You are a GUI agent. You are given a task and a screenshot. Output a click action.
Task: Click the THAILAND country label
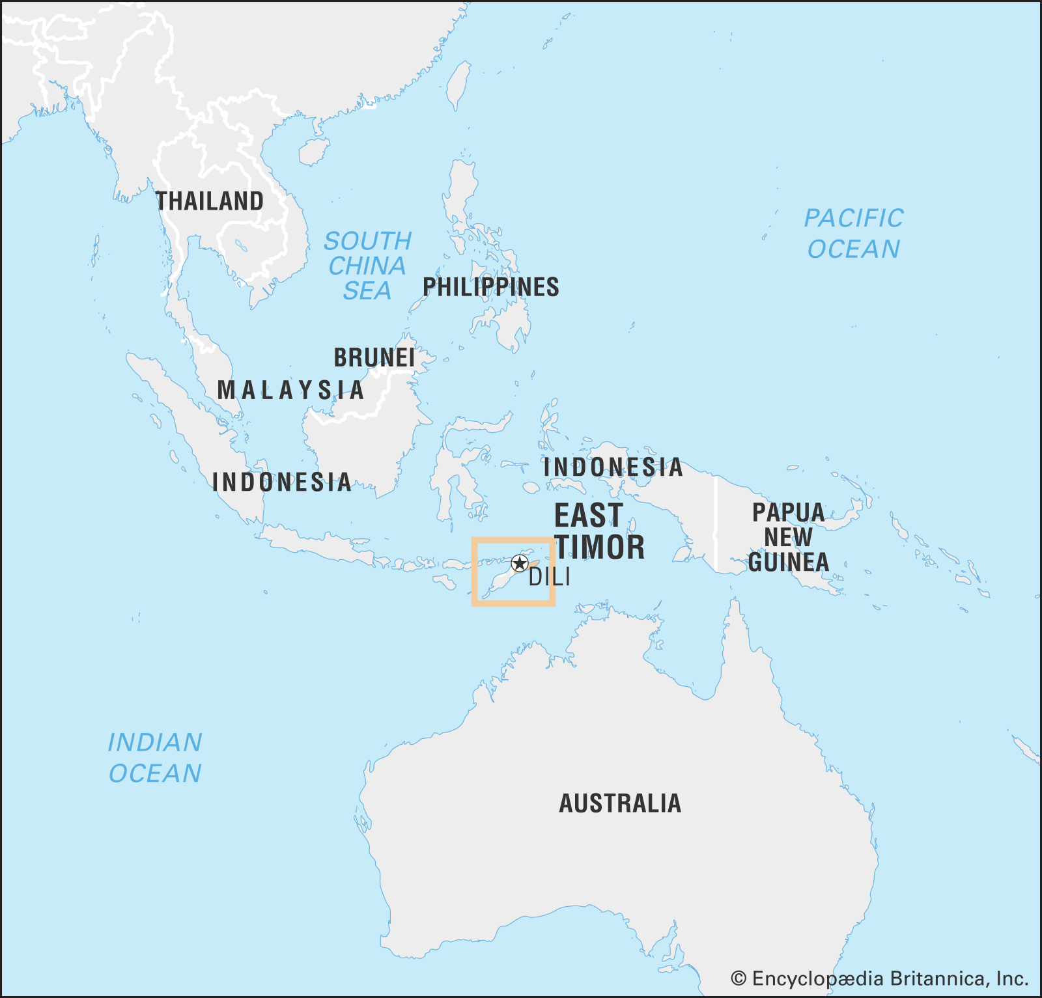coord(210,201)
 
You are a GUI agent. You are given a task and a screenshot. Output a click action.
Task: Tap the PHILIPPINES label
coord(491,287)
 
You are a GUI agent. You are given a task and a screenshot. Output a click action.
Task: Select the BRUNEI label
coord(374,358)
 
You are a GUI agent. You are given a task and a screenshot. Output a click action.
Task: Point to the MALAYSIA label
coord(290,390)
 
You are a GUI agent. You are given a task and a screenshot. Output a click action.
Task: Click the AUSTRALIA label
coord(620,803)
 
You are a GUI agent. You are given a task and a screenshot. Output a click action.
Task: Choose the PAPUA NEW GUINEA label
coord(788,537)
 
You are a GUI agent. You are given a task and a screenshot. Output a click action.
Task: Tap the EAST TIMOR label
coord(599,532)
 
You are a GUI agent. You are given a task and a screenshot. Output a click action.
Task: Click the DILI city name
coord(549,577)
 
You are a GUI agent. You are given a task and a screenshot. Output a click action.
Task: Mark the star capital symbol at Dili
coord(519,563)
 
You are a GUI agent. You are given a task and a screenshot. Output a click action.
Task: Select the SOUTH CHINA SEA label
coord(367,266)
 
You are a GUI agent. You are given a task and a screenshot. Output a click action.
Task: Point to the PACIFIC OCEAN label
coord(854,234)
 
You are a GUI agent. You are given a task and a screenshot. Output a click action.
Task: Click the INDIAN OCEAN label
coord(155,758)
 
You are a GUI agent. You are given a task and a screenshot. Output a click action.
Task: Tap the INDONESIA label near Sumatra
coord(281,482)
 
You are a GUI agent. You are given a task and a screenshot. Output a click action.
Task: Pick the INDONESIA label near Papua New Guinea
coord(613,467)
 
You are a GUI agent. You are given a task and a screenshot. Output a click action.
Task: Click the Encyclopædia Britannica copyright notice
coord(879,978)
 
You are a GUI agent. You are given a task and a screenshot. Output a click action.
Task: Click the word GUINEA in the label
coord(788,562)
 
